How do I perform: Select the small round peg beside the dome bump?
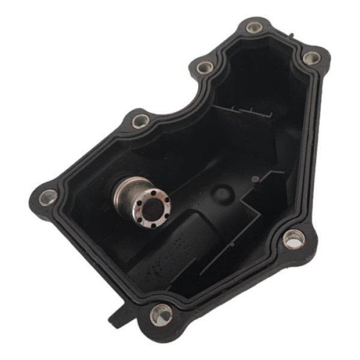(254, 178)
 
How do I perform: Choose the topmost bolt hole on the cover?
(253, 27)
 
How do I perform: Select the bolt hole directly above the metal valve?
(139, 120)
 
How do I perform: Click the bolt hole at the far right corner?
(311, 58)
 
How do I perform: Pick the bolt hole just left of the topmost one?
(205, 66)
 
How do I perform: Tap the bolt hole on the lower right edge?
(293, 239)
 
